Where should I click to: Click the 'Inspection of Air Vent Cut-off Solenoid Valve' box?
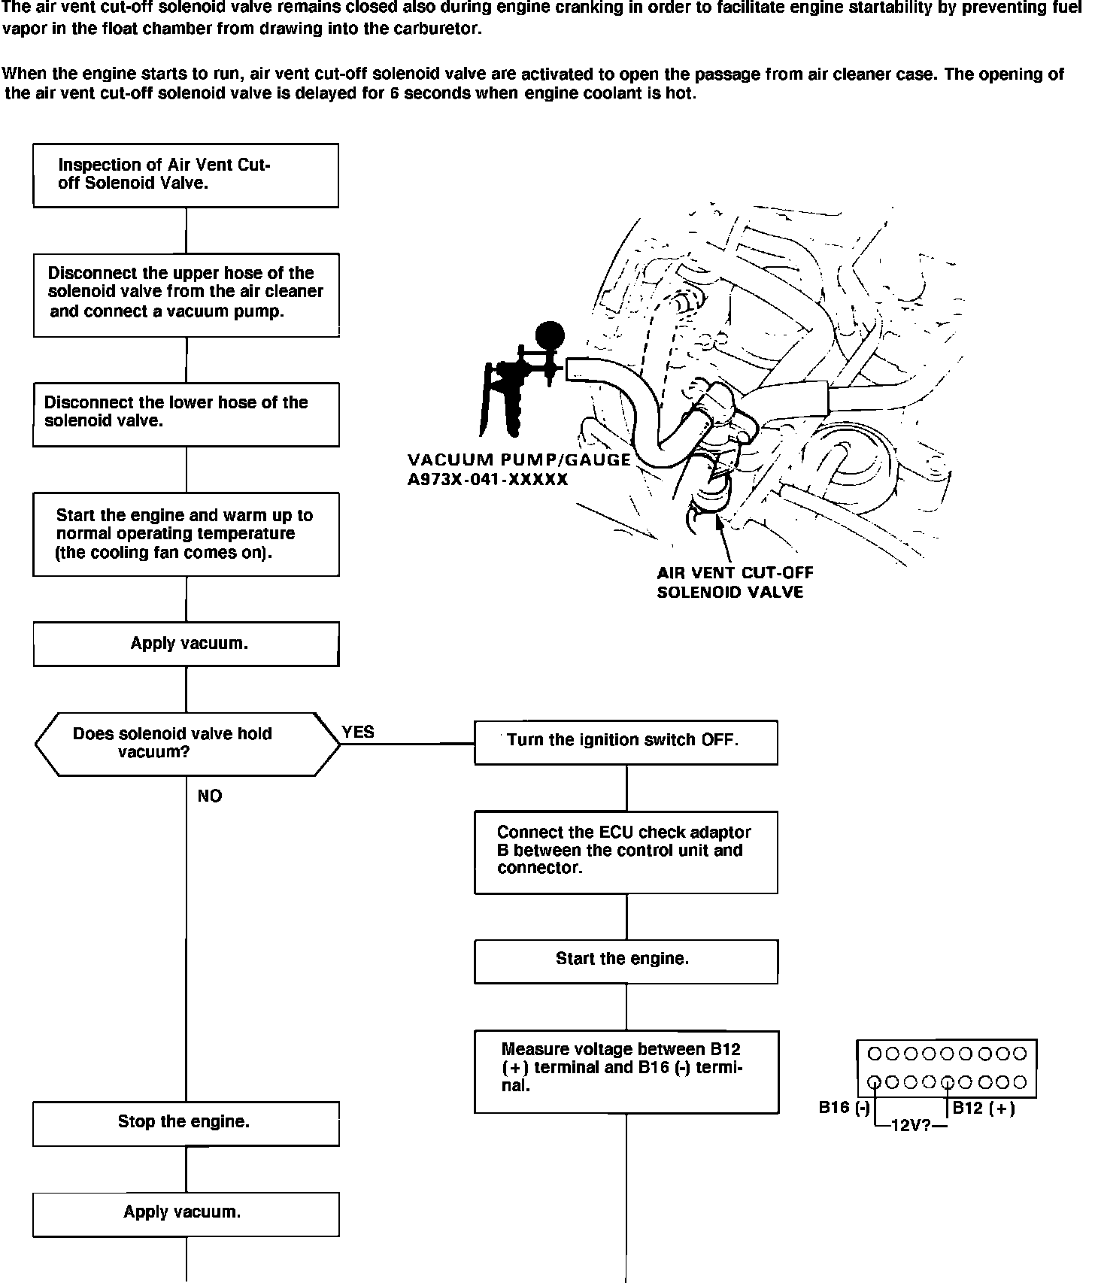click(x=186, y=174)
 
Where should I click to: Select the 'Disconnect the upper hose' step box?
click(x=186, y=294)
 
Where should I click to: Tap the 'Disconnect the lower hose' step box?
click(x=186, y=414)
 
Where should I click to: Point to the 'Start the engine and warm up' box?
click(x=186, y=534)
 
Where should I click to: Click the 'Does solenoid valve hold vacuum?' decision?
click(x=187, y=744)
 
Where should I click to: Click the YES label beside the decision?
click(x=358, y=732)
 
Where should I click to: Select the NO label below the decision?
click(x=210, y=796)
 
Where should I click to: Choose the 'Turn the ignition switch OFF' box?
click(x=626, y=742)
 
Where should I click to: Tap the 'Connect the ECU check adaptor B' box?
click(x=626, y=851)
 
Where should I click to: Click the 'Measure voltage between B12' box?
click(x=626, y=1071)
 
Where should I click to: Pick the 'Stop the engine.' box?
click(x=186, y=1123)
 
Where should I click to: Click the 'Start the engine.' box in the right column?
click(x=626, y=960)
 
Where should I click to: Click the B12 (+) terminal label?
click(x=984, y=1108)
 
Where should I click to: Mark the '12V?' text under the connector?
click(x=911, y=1126)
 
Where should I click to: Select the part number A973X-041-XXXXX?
click(x=487, y=479)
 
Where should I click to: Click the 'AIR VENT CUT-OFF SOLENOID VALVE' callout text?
click(x=735, y=583)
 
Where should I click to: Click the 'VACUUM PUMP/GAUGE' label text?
click(x=519, y=460)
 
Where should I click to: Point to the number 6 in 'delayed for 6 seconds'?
click(x=394, y=95)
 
